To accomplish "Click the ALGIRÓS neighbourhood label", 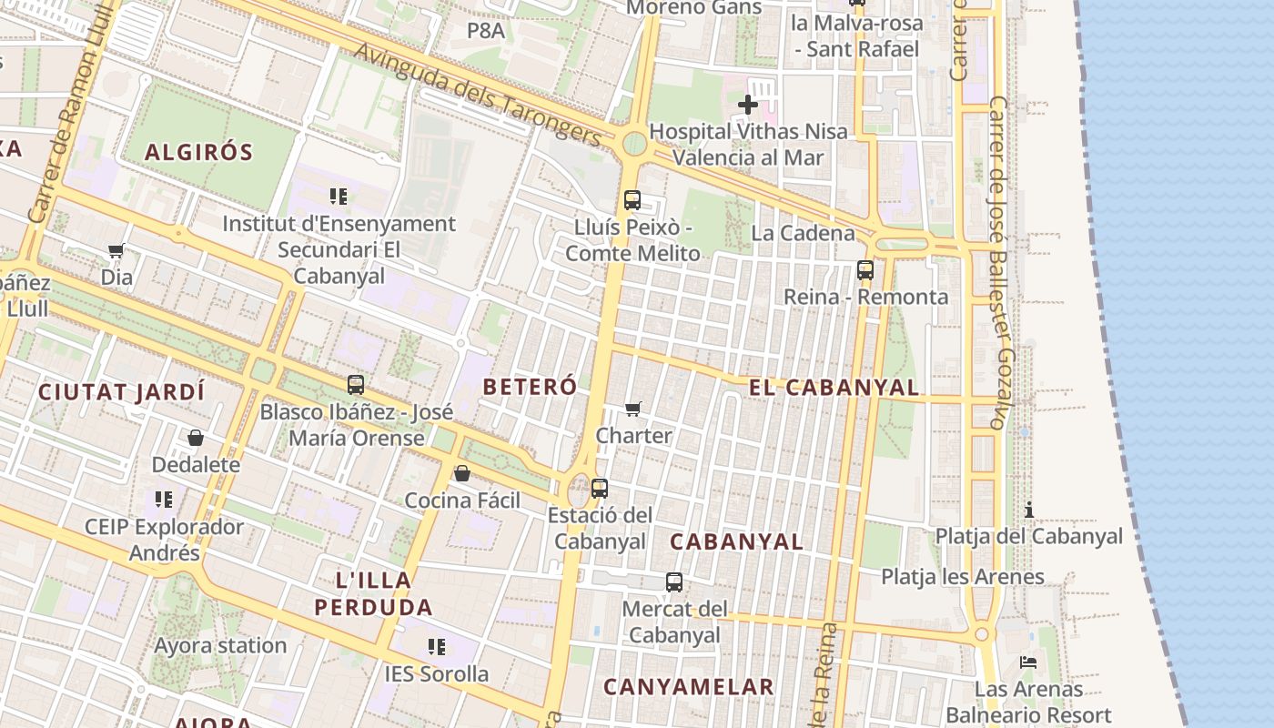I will pyautogui.click(x=198, y=151).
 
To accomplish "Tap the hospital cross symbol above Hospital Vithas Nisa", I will pyautogui.click(x=747, y=105).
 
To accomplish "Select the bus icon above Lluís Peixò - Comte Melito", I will pyautogui.click(x=632, y=200).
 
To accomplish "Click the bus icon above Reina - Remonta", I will pyautogui.click(x=864, y=270).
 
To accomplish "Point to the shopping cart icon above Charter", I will pyautogui.click(x=633, y=409).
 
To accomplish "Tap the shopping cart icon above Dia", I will pyautogui.click(x=116, y=251).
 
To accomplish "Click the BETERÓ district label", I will pyautogui.click(x=530, y=387).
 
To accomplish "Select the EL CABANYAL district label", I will pyautogui.click(x=834, y=388).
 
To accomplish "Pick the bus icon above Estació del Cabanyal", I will pyautogui.click(x=599, y=489).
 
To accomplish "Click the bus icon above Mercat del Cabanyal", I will pyautogui.click(x=673, y=582).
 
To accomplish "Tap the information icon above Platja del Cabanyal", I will pyautogui.click(x=1029, y=510).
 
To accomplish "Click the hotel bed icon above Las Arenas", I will pyautogui.click(x=1028, y=662).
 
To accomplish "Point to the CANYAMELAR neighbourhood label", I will pyautogui.click(x=689, y=687).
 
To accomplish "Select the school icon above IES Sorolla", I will pyautogui.click(x=437, y=647).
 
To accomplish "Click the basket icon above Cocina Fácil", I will pyautogui.click(x=462, y=474).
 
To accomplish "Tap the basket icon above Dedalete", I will pyautogui.click(x=196, y=439).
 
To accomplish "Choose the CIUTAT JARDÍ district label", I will pyautogui.click(x=121, y=393).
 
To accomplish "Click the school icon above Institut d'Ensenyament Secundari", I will pyautogui.click(x=339, y=197).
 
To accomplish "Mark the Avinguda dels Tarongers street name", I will pyautogui.click(x=478, y=94).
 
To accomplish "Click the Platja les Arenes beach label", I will pyautogui.click(x=963, y=577).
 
